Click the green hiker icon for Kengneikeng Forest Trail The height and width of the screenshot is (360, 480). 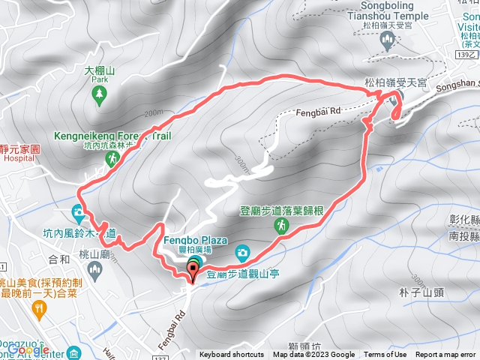tap(111, 159)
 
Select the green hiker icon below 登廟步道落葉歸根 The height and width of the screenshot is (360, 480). tap(280, 224)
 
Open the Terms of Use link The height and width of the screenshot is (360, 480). tap(385, 355)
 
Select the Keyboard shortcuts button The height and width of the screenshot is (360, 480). tap(231, 355)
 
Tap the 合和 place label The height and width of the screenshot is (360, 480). tap(58, 259)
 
